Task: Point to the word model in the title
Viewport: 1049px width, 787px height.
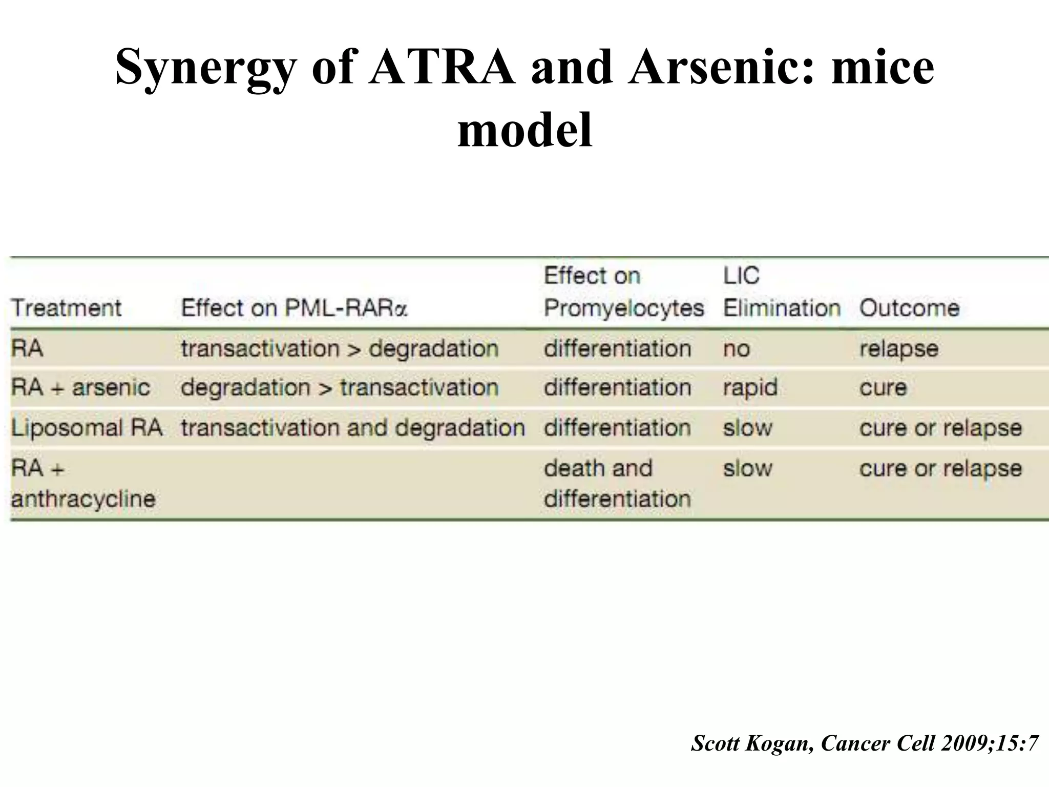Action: click(x=524, y=130)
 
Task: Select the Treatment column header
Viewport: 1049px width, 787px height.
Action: click(x=66, y=308)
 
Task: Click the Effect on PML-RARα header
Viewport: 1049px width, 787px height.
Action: click(x=294, y=308)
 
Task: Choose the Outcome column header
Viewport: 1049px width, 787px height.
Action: click(x=909, y=308)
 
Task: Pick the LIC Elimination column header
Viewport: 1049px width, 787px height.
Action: click(x=782, y=292)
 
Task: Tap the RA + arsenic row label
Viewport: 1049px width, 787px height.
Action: click(x=80, y=387)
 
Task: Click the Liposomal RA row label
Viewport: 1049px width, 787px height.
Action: click(x=87, y=427)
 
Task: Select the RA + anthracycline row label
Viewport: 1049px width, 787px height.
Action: click(x=83, y=483)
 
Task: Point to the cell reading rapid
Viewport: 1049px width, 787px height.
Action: click(x=750, y=387)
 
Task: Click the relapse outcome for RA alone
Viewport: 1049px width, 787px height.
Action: click(x=899, y=349)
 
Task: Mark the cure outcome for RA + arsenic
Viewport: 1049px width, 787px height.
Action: click(x=883, y=387)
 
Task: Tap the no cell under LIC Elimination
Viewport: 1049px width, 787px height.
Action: click(x=737, y=349)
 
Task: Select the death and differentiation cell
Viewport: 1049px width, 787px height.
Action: click(x=617, y=483)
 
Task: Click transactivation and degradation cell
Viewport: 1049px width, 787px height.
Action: click(x=353, y=427)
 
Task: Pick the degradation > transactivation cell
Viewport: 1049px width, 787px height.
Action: click(x=340, y=387)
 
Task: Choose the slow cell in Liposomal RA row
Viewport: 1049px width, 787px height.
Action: click(x=747, y=427)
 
